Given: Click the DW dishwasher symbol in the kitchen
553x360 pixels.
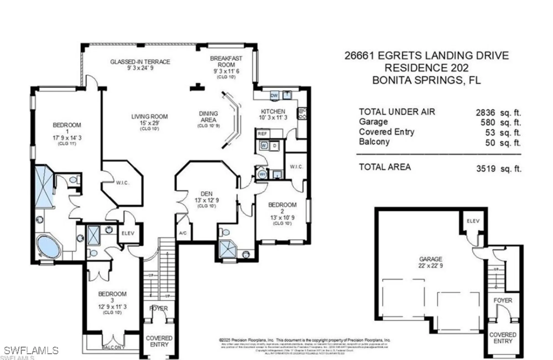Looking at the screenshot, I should point(274,96).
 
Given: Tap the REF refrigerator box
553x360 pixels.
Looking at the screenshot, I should point(262,134).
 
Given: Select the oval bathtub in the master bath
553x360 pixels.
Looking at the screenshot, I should point(49,246).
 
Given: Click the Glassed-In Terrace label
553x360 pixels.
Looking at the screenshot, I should point(140,62).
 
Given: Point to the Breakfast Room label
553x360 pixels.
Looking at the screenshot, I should point(226,61).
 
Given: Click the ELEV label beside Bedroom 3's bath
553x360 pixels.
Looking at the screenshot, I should point(128,233).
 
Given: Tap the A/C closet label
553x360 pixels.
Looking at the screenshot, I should point(183,233).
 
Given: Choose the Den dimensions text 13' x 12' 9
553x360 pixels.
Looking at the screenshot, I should point(207,200).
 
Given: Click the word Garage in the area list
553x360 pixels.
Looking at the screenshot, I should point(373,122).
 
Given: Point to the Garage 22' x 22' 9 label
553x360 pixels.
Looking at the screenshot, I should point(431,262).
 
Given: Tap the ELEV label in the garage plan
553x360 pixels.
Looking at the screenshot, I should point(473,221).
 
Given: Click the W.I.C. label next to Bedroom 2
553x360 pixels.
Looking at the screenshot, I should point(296,167).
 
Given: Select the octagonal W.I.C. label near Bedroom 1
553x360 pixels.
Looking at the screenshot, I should point(122,183).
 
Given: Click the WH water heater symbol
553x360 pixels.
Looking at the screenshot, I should point(262,174).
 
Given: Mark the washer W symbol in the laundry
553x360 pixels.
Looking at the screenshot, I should point(264,145).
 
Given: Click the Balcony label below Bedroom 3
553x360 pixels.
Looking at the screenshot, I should point(113,347).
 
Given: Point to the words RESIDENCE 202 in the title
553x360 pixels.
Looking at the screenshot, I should point(426,68).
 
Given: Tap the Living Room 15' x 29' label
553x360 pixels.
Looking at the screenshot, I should point(149,120).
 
